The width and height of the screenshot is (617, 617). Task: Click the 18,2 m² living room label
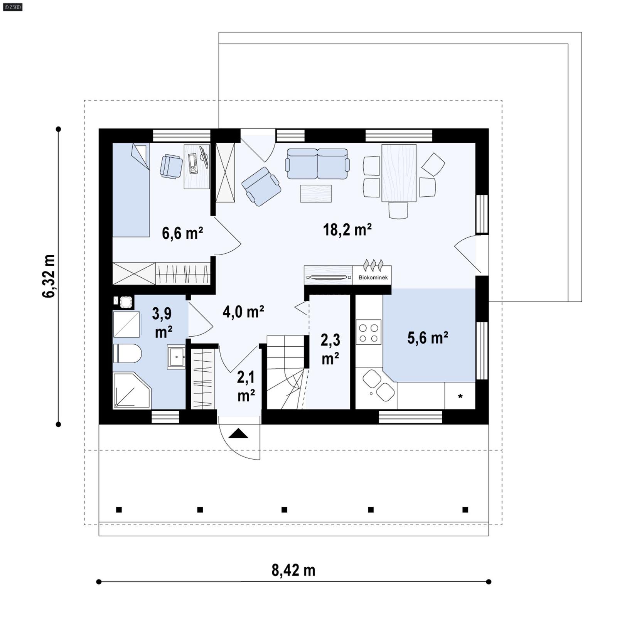[x=347, y=230]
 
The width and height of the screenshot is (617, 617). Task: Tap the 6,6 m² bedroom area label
[x=182, y=233]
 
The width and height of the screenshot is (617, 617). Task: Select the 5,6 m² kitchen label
[x=428, y=338]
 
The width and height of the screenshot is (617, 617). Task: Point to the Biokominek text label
[x=373, y=277]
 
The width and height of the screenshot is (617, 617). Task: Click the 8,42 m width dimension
[x=293, y=570]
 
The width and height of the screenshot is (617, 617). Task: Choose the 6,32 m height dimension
[x=49, y=276]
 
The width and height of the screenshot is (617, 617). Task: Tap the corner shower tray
[x=130, y=390]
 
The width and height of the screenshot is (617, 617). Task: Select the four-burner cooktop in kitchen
[x=368, y=332]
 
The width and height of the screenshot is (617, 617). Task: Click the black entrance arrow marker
[x=238, y=434]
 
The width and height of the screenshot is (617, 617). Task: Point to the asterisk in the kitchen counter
[x=460, y=396]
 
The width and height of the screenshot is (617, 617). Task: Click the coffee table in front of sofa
[x=316, y=194]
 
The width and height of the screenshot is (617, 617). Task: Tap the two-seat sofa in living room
[x=317, y=164]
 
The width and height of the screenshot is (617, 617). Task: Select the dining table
[x=399, y=173]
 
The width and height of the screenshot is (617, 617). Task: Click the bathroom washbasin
[x=176, y=357]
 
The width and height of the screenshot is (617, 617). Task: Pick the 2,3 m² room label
[x=330, y=349]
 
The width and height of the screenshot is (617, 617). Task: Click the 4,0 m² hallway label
[x=243, y=312]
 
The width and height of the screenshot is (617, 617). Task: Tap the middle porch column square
[x=284, y=509]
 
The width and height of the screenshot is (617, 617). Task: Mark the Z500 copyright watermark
[x=12, y=7]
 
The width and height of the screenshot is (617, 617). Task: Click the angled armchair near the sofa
[x=261, y=186]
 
